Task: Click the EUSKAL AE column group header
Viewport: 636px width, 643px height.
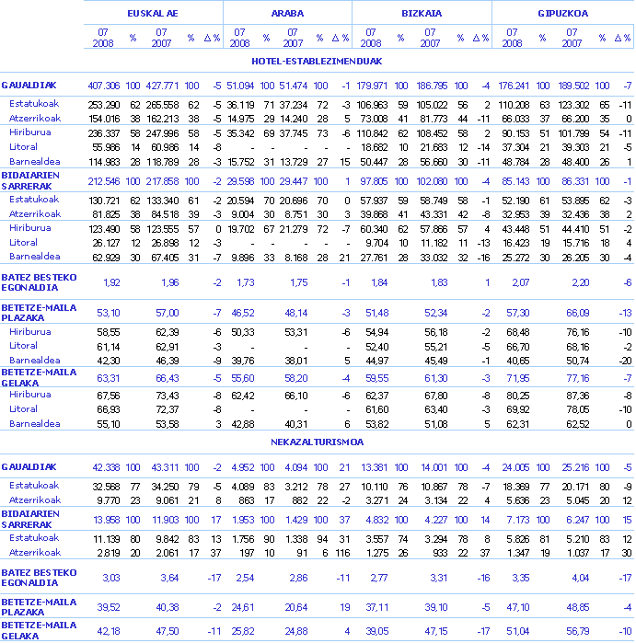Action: pos(153,14)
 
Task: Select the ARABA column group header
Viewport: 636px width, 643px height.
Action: pos(287,14)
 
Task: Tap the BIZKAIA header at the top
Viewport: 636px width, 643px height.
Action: pos(422,14)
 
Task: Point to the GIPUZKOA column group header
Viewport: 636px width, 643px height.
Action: pos(563,14)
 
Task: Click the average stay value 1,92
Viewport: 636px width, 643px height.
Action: pos(111,282)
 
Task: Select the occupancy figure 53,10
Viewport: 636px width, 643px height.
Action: pos(110,313)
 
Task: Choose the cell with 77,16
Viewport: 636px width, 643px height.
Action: pos(577,377)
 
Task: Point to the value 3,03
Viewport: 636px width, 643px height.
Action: pos(111,578)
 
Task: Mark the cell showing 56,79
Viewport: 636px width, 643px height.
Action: pos(577,630)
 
